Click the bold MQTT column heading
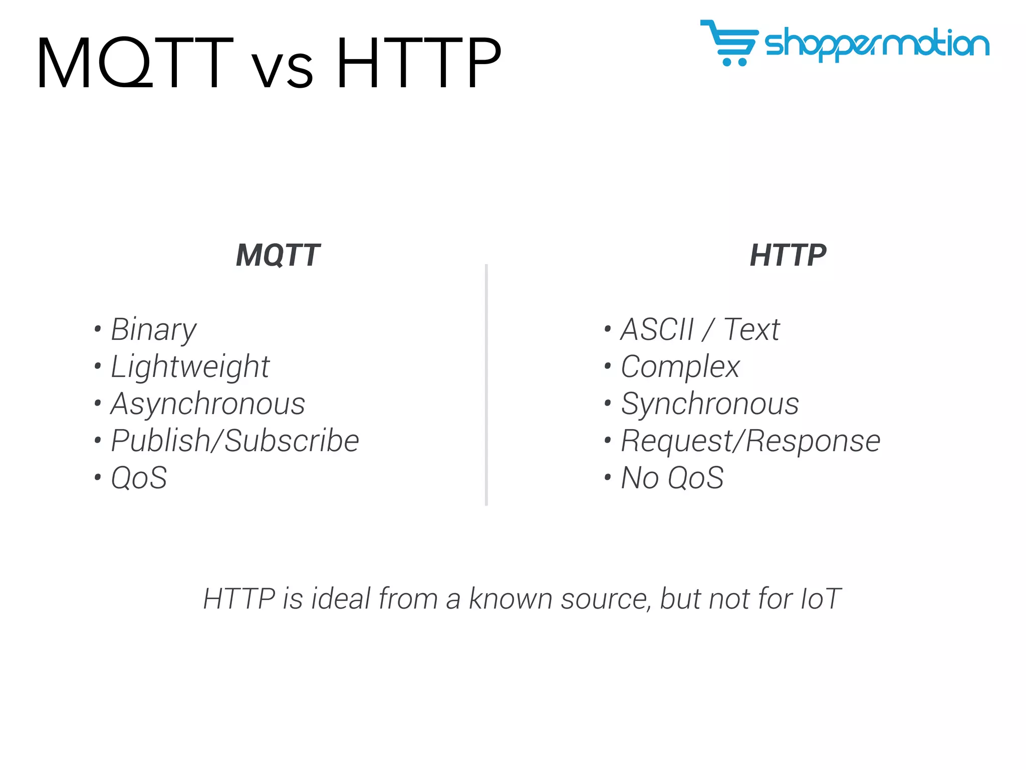(278, 255)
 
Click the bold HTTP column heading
(788, 255)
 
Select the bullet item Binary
(153, 330)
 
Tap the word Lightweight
(190, 367)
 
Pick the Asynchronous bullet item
(207, 404)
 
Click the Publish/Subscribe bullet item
(234, 441)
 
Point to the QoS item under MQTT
(139, 478)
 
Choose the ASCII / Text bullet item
(700, 330)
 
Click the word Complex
(680, 367)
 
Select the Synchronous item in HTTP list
(709, 404)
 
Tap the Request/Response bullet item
(750, 441)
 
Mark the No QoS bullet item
(672, 478)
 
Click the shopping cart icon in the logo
(729, 43)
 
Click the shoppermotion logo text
(877, 44)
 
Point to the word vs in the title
(282, 69)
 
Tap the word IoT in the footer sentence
(821, 599)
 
